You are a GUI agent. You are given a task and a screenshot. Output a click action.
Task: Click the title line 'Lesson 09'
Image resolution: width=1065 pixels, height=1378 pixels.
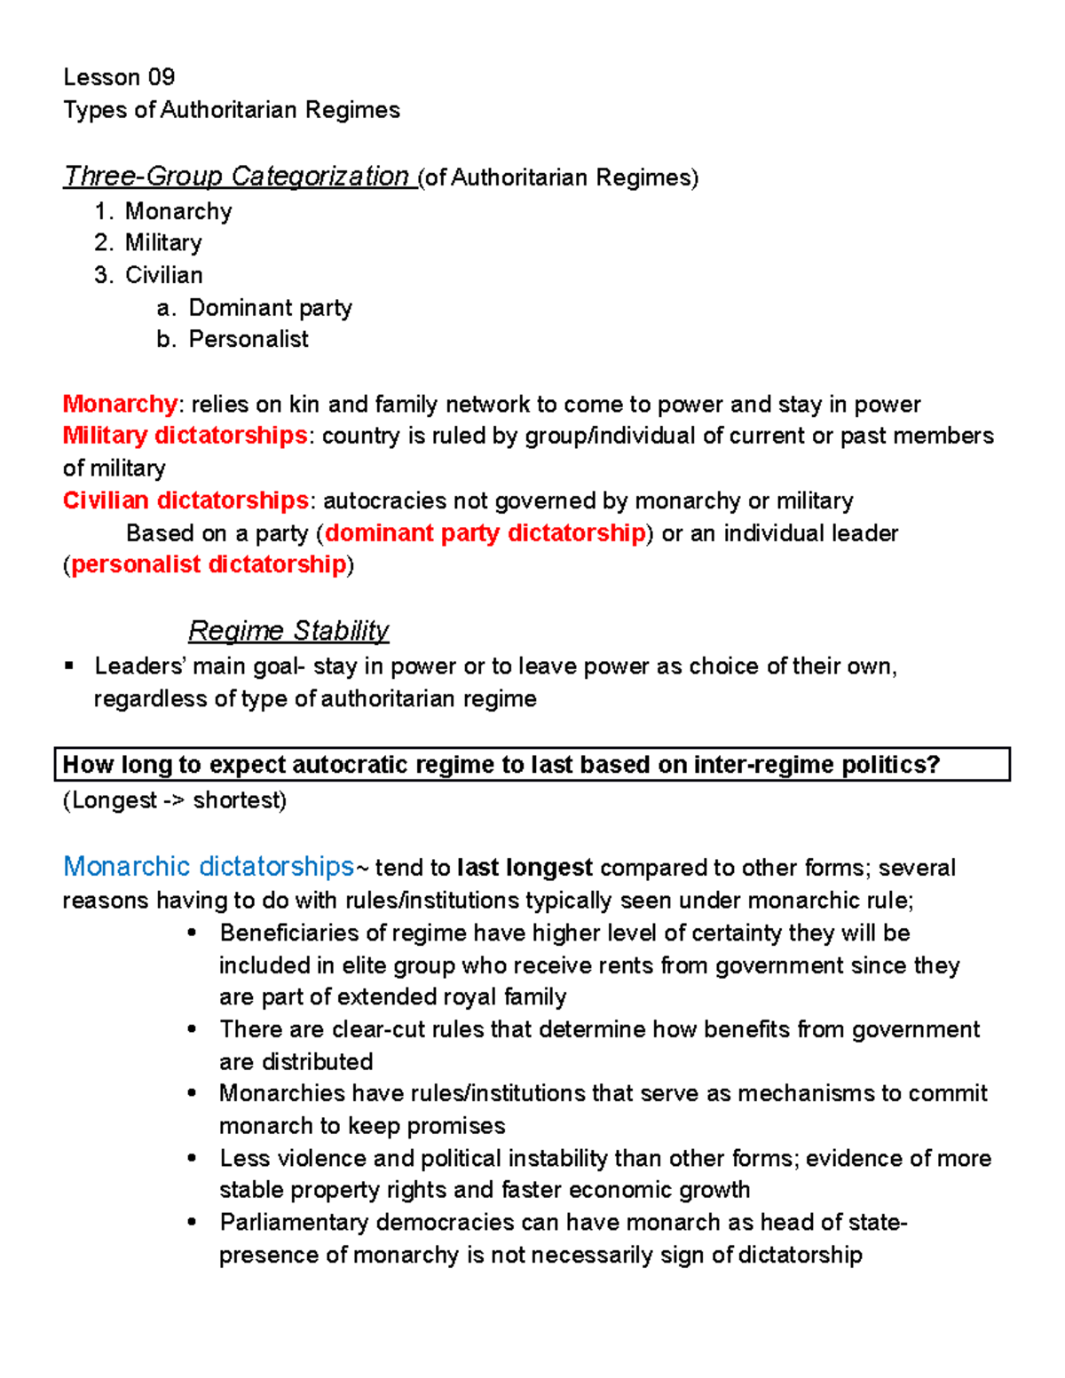(119, 77)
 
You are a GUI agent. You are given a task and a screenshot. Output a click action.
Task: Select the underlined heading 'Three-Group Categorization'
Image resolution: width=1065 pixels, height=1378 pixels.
(236, 177)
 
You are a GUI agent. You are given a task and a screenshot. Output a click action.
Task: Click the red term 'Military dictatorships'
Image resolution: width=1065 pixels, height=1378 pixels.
(185, 436)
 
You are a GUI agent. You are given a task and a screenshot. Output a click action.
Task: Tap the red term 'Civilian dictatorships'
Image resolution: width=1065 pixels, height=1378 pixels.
(185, 500)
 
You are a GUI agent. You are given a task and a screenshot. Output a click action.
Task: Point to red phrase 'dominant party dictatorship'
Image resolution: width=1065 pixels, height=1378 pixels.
(485, 533)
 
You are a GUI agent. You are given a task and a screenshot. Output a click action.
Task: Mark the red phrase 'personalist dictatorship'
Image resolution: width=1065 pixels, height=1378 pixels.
(209, 565)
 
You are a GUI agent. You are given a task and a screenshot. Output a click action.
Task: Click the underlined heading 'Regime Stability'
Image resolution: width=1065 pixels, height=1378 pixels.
(288, 631)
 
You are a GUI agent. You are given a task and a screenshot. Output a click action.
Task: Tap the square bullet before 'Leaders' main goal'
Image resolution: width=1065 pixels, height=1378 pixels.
(69, 666)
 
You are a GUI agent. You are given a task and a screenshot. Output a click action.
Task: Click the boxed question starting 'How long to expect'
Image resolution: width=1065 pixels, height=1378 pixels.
(501, 765)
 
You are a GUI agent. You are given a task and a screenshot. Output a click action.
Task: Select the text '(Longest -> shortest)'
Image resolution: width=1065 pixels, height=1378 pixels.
(175, 800)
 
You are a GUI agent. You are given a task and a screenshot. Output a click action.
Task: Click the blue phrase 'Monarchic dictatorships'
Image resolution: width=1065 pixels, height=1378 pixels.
(209, 867)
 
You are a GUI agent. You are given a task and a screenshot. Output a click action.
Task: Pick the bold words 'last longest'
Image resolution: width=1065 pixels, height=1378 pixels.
(525, 868)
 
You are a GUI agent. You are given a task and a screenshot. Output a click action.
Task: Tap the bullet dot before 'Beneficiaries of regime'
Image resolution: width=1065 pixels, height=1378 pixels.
(192, 933)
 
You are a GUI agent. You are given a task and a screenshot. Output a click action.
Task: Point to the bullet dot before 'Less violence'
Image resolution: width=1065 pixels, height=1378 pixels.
(192, 1158)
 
